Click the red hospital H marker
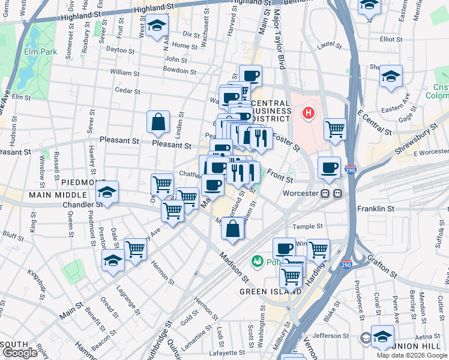tap(309, 113)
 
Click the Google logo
tap(20, 353)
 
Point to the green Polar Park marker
tap(258, 261)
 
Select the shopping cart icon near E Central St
tap(335, 128)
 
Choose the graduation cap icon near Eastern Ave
tap(391, 77)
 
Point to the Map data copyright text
tap(412, 355)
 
